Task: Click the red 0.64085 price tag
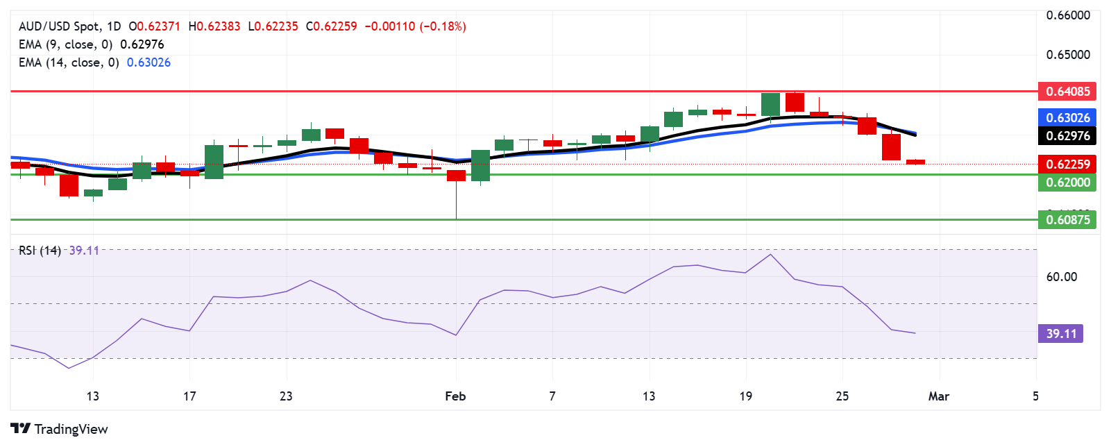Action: [x=1067, y=91]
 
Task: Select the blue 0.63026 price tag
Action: [x=1067, y=117]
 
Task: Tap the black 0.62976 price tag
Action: [x=1067, y=135]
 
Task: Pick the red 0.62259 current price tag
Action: [x=1067, y=164]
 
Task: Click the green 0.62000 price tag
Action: [x=1067, y=182]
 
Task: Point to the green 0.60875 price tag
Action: [x=1067, y=219]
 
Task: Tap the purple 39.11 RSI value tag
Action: [x=1060, y=333]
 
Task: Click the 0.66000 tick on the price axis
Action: [x=1068, y=15]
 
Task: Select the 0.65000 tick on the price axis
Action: [x=1068, y=54]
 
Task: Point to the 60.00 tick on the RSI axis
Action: [x=1061, y=277]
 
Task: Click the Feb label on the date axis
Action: [x=455, y=396]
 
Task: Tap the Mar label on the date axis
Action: [x=938, y=396]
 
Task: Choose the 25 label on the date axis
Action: [x=842, y=396]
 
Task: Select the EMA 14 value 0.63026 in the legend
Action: [x=149, y=62]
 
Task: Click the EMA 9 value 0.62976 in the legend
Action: [x=142, y=44]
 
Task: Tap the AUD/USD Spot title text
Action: [x=59, y=26]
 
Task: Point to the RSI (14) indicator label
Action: [x=40, y=251]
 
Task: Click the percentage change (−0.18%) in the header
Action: [x=443, y=26]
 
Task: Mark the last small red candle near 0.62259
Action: [x=915, y=162]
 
